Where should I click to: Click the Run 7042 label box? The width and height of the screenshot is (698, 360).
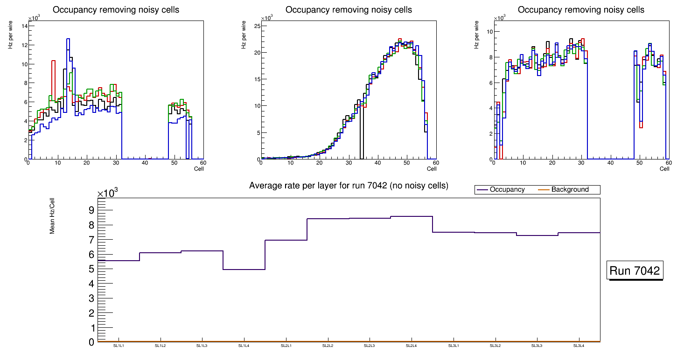click(x=635, y=270)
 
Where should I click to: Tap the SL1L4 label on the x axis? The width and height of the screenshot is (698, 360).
click(x=244, y=346)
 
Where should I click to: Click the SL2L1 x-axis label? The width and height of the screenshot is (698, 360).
click(x=286, y=346)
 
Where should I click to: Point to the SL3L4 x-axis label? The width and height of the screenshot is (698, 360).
click(x=579, y=346)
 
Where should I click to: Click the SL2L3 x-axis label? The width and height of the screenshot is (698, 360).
click(x=370, y=346)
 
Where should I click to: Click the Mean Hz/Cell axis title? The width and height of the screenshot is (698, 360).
click(x=52, y=215)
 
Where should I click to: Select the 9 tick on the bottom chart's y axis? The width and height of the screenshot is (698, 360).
click(x=91, y=210)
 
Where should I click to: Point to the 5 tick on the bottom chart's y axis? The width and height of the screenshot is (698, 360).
click(x=91, y=269)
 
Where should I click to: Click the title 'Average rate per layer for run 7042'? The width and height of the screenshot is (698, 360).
click(x=349, y=186)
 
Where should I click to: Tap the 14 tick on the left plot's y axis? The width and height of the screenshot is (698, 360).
click(x=23, y=26)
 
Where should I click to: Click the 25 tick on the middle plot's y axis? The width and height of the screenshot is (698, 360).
click(x=256, y=26)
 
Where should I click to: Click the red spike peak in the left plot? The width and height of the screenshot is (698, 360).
click(x=54, y=61)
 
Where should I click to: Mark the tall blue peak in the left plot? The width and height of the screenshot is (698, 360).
click(x=68, y=39)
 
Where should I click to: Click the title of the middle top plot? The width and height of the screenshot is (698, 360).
click(x=349, y=10)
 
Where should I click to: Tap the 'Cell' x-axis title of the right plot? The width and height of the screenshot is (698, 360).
click(x=664, y=169)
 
